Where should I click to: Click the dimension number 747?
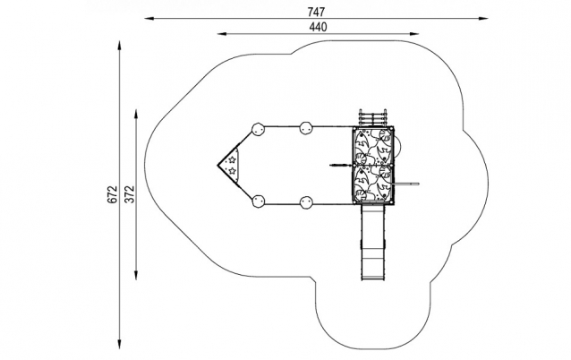pyautogui.click(x=316, y=12)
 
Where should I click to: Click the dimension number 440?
pyautogui.click(x=318, y=27)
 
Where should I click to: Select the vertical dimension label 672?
pyautogui.click(x=113, y=194)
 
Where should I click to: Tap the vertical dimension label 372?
pyautogui.click(x=129, y=194)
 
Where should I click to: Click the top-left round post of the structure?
pyautogui.click(x=258, y=129)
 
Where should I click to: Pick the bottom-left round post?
pyautogui.click(x=258, y=201)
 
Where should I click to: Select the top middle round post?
pyautogui.click(x=305, y=128)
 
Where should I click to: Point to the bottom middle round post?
pyautogui.click(x=305, y=201)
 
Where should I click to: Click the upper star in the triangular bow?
pyautogui.click(x=232, y=159)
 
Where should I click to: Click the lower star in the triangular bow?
pyautogui.click(x=232, y=170)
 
